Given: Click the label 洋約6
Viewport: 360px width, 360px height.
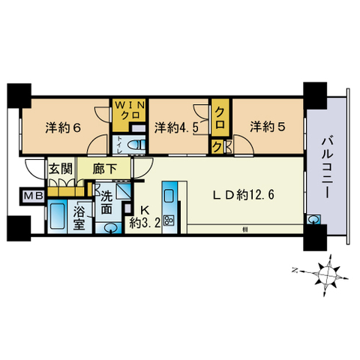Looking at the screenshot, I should (62, 126).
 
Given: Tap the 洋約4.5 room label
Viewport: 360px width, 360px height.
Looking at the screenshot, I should (176, 126).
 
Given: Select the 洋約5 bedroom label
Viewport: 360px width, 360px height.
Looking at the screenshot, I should (268, 126).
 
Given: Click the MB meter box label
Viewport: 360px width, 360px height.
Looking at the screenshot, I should (29, 197).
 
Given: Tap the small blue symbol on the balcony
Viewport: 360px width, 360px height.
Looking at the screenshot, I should (311, 220).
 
